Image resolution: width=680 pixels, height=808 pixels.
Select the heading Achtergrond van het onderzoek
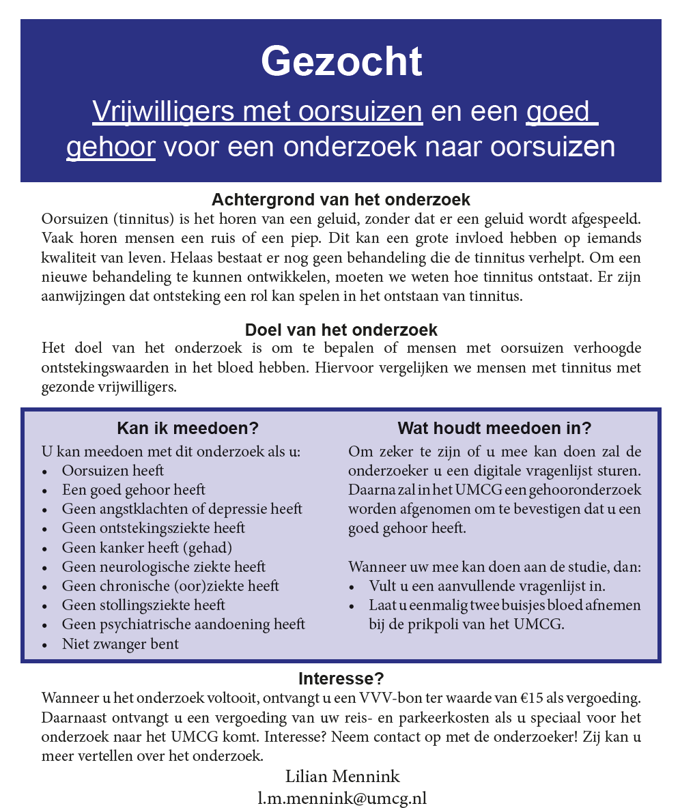341,200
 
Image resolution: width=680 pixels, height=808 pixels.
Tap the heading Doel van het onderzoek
341,330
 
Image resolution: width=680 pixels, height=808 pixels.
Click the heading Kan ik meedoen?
188,429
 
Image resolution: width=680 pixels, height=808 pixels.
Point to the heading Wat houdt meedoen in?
494,429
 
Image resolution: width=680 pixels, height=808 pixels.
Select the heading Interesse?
341,679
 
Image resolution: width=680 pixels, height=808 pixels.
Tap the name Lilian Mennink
342,777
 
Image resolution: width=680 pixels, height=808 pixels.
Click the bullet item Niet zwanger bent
120,644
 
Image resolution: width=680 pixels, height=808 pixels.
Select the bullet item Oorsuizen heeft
113,470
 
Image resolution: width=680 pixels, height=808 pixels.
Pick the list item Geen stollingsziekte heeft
143,605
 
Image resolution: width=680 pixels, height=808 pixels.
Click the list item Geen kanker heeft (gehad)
147,547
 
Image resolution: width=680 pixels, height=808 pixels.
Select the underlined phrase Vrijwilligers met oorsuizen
257,111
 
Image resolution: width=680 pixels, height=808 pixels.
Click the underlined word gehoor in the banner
111,147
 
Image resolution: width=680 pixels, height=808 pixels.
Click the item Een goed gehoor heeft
133,490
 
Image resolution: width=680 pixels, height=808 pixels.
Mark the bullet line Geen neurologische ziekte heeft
163,566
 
